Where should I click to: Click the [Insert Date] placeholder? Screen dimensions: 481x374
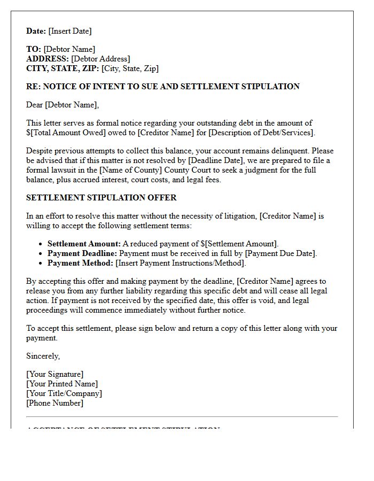[x=70, y=31]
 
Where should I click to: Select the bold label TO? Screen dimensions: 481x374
[x=34, y=49]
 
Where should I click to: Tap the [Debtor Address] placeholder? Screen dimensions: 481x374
[x=100, y=59]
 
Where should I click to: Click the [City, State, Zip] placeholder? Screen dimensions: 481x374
[x=130, y=68]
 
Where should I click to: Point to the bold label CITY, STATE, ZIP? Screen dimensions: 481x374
[x=63, y=68]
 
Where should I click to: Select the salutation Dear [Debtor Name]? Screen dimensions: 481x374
[x=63, y=105]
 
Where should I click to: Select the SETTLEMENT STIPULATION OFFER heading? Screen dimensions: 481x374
[x=102, y=198]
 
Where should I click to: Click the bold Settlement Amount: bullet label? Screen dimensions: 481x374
[x=84, y=244]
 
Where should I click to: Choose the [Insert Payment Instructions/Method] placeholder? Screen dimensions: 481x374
[x=181, y=263]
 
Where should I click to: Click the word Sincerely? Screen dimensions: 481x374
[x=43, y=356]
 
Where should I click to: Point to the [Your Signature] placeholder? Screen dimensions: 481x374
[x=55, y=374]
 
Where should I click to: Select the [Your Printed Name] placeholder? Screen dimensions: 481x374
[x=62, y=384]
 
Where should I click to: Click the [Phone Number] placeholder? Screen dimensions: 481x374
[x=55, y=403]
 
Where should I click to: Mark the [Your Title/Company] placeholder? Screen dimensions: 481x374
[x=64, y=393]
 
